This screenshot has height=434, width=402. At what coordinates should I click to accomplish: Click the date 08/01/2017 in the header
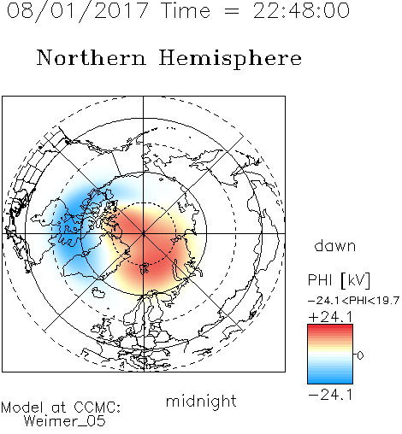click(x=78, y=11)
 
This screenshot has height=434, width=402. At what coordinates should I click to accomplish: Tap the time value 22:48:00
click(x=301, y=10)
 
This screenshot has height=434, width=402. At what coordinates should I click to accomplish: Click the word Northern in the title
click(x=92, y=58)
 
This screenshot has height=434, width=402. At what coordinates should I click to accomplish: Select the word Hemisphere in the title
click(x=230, y=59)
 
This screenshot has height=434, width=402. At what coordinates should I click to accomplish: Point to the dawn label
click(x=335, y=246)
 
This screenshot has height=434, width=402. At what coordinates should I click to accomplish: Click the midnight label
click(x=201, y=401)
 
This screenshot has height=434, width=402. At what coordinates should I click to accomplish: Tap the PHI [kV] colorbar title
click(x=339, y=280)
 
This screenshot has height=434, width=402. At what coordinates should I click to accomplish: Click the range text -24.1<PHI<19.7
click(x=353, y=301)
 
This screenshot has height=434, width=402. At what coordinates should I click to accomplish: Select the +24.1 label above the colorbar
click(x=330, y=317)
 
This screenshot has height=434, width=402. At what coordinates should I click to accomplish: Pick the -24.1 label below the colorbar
click(x=330, y=395)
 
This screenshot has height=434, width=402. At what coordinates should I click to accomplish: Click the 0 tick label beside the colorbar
click(x=360, y=355)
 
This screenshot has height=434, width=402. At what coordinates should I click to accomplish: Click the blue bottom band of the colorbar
click(x=330, y=380)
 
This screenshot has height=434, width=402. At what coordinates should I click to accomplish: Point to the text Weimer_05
click(x=65, y=421)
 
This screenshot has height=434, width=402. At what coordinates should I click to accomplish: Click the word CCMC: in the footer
click(x=97, y=408)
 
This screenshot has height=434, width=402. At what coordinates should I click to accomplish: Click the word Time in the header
click(x=186, y=10)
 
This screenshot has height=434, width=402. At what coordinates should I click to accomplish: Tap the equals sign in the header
click(x=232, y=12)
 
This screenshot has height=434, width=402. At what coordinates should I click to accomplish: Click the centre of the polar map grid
click(x=144, y=233)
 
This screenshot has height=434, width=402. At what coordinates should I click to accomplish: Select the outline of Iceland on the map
click(x=98, y=292)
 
